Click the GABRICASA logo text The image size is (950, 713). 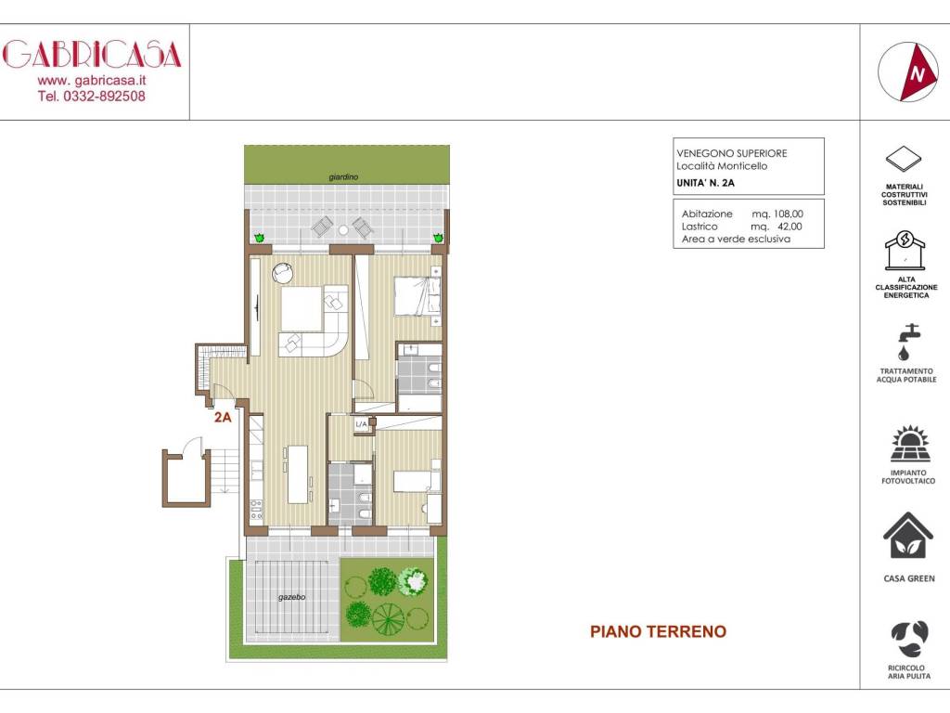[x=92, y=55]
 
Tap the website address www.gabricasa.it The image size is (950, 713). [x=92, y=81]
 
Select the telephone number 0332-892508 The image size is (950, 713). [x=92, y=96]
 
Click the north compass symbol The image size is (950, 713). [x=908, y=72]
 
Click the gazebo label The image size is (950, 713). [x=292, y=597]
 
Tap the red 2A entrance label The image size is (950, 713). [x=223, y=418]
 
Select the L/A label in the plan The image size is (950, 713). [x=363, y=424]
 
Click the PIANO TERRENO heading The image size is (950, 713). [x=658, y=632]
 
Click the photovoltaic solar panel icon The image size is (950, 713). [x=908, y=444]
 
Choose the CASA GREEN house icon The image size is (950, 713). [x=908, y=536]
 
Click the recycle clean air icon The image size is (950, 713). [x=908, y=638]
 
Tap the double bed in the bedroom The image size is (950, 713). [x=413, y=295]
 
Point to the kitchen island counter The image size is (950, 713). [x=298, y=473]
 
